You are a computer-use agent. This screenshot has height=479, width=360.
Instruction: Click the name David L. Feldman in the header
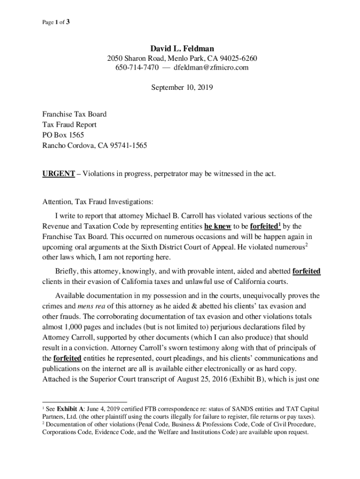click(182, 48)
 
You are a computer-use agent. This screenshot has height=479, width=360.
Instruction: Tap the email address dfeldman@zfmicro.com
click(211, 68)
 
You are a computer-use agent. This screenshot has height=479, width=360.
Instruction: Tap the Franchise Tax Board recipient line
click(74, 114)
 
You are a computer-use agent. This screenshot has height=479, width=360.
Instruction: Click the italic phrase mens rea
click(89, 306)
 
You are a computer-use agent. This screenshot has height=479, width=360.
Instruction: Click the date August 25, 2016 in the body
click(208, 379)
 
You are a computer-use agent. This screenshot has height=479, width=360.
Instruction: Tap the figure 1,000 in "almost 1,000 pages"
click(72, 327)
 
